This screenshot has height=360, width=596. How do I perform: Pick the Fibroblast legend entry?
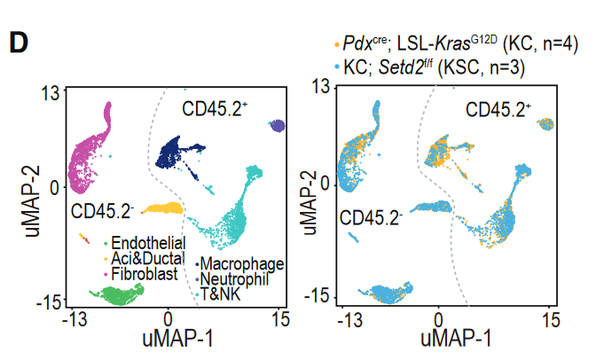point(142,273)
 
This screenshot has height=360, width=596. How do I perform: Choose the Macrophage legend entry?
point(241,263)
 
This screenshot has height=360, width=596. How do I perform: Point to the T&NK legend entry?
point(221,293)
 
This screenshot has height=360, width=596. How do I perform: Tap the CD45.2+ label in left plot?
point(216,108)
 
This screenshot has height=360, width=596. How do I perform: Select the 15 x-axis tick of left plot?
point(281,320)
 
